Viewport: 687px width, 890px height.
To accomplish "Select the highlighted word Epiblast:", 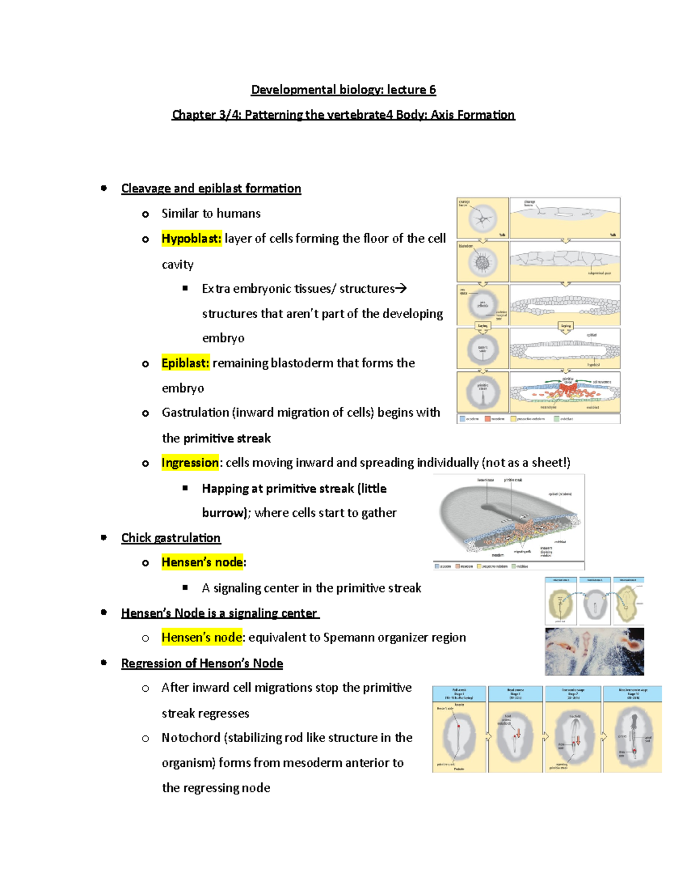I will pyautogui.click(x=185, y=363).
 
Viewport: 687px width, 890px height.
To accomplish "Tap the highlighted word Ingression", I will pyautogui.click(x=190, y=462).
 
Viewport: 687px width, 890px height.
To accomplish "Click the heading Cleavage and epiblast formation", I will pyautogui.click(x=211, y=189).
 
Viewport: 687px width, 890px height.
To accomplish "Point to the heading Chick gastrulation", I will pyautogui.click(x=171, y=538).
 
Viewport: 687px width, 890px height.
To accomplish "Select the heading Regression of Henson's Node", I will pyautogui.click(x=202, y=663).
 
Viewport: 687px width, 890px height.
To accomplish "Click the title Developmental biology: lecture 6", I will pyautogui.click(x=343, y=89).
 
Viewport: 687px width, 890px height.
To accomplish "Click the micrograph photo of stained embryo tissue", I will pyautogui.click(x=594, y=651).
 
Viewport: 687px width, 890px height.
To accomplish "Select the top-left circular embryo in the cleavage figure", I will pyautogui.click(x=483, y=218).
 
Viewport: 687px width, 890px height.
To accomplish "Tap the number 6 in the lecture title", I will pyautogui.click(x=432, y=89).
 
